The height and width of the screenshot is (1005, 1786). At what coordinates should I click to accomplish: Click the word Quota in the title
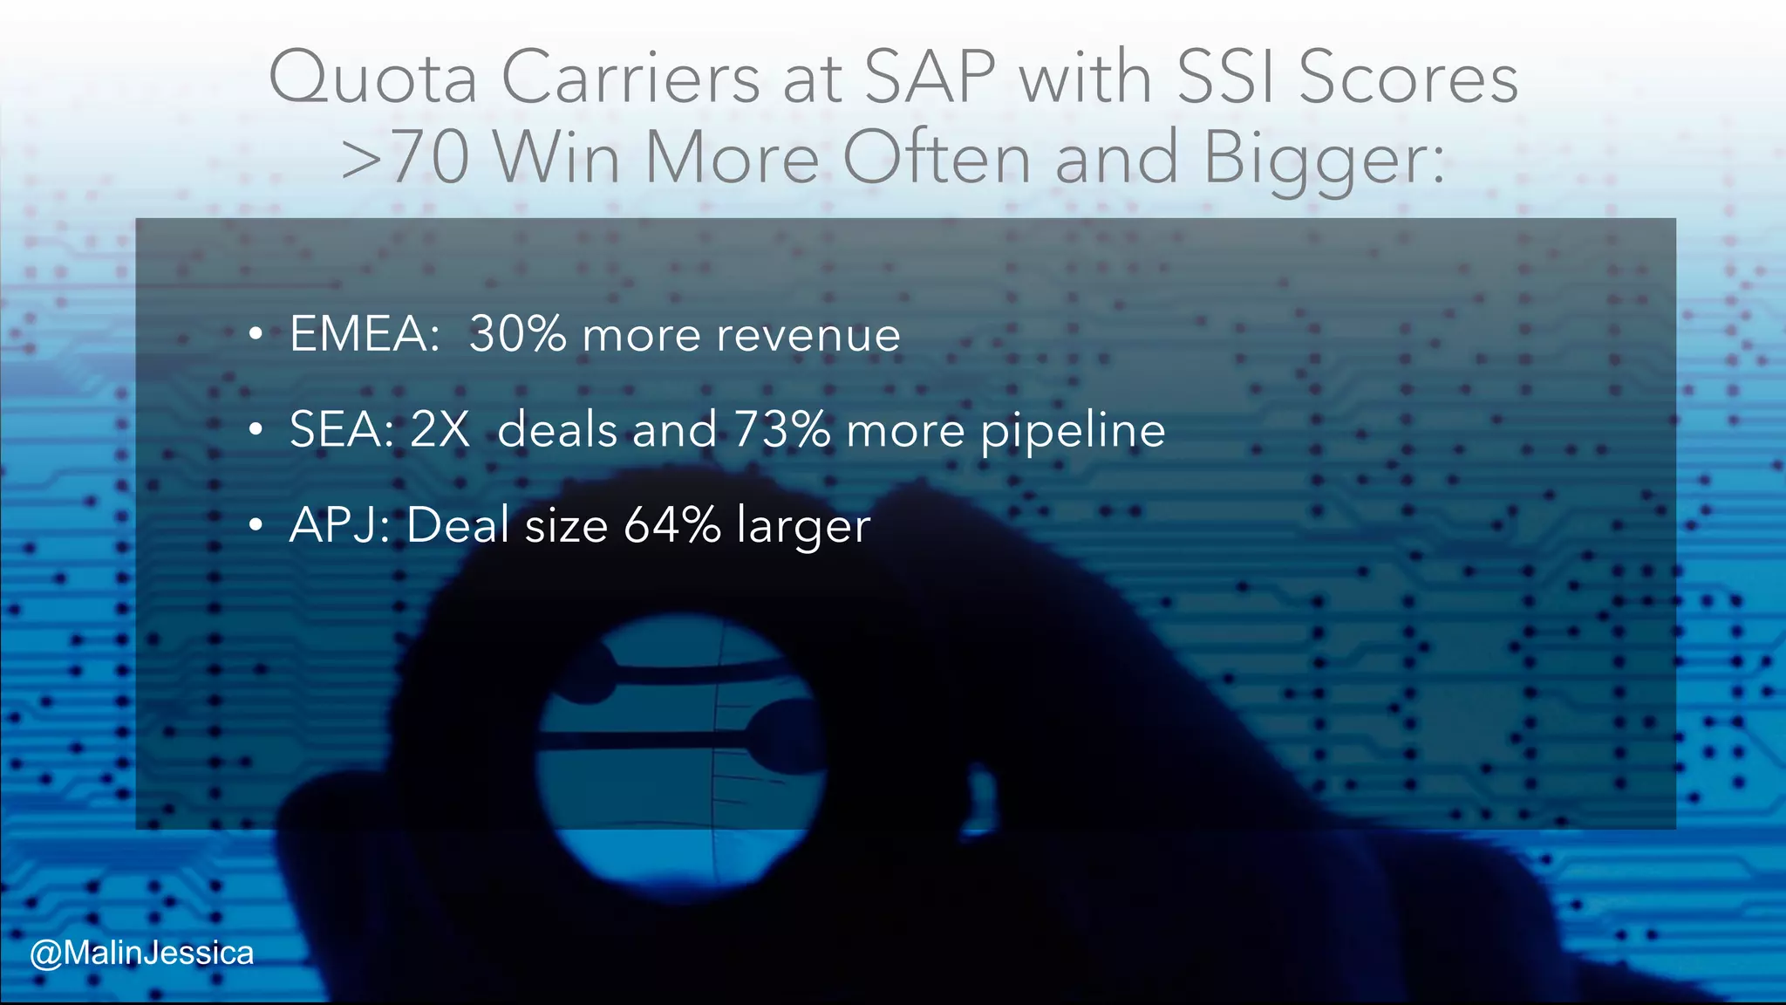[x=372, y=79]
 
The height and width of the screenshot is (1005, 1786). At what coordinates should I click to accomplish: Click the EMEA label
[x=365, y=334]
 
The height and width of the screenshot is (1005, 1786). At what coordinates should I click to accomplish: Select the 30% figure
[x=517, y=334]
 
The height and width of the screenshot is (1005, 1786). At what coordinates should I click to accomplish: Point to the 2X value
[x=440, y=430]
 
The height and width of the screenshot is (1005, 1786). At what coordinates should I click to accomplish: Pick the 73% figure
[x=781, y=430]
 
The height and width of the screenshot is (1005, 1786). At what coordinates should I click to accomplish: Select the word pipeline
[x=1073, y=432]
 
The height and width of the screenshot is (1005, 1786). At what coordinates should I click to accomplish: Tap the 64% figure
[x=672, y=525]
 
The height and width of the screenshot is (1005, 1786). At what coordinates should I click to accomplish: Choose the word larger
[x=803, y=528]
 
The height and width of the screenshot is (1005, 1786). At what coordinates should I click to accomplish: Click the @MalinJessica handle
[x=142, y=953]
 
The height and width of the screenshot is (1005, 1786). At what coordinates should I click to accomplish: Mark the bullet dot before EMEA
[x=255, y=335]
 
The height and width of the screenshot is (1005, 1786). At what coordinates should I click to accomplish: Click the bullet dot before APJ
[x=255, y=526]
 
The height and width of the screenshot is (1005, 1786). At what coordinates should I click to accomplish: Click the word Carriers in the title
[x=631, y=79]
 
